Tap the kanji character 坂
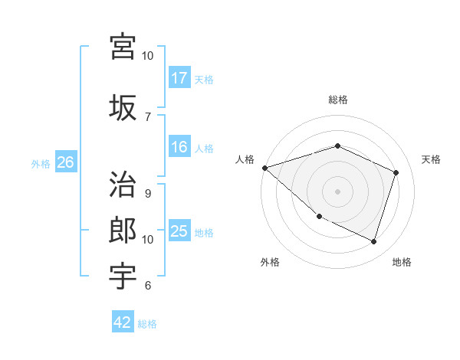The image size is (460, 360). pyautogui.click(x=123, y=107)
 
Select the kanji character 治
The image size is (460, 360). pyautogui.click(x=123, y=185)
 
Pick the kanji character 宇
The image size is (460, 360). pyautogui.click(x=123, y=275)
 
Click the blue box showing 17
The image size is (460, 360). pyautogui.click(x=179, y=77)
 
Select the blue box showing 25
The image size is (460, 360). pyautogui.click(x=179, y=231)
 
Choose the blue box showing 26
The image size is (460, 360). pyautogui.click(x=65, y=162)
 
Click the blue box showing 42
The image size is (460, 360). pyautogui.click(x=123, y=322)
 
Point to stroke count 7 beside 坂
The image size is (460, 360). pyautogui.click(x=148, y=116)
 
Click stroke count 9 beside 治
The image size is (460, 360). pyautogui.click(x=148, y=194)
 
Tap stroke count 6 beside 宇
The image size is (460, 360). pyautogui.click(x=148, y=286)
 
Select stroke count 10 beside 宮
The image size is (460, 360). pyautogui.click(x=148, y=56)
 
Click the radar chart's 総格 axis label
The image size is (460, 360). pyautogui.click(x=337, y=100)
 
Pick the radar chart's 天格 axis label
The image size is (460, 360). pyautogui.click(x=431, y=159)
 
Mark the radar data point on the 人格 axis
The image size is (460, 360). pyautogui.click(x=264, y=168)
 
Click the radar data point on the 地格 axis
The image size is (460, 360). pyautogui.click(x=373, y=241)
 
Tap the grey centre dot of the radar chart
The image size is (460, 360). pyautogui.click(x=337, y=191)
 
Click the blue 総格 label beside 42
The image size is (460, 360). pyautogui.click(x=147, y=324)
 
